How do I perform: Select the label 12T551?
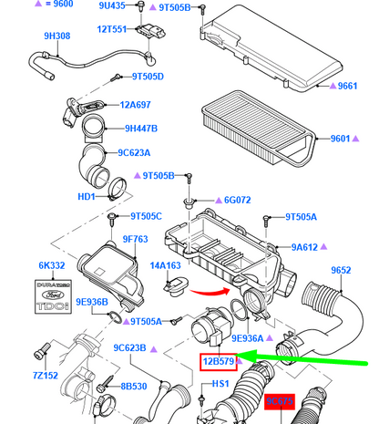click(x=114, y=29)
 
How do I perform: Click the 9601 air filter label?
click(x=341, y=140)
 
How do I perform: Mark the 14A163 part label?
click(x=166, y=265)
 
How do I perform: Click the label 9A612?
click(x=307, y=246)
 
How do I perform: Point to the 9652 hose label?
click(x=341, y=269)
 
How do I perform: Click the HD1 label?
click(x=87, y=196)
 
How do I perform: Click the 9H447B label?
click(x=141, y=129)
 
